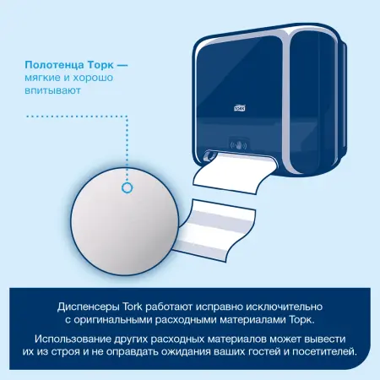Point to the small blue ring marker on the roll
pos(128,187)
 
